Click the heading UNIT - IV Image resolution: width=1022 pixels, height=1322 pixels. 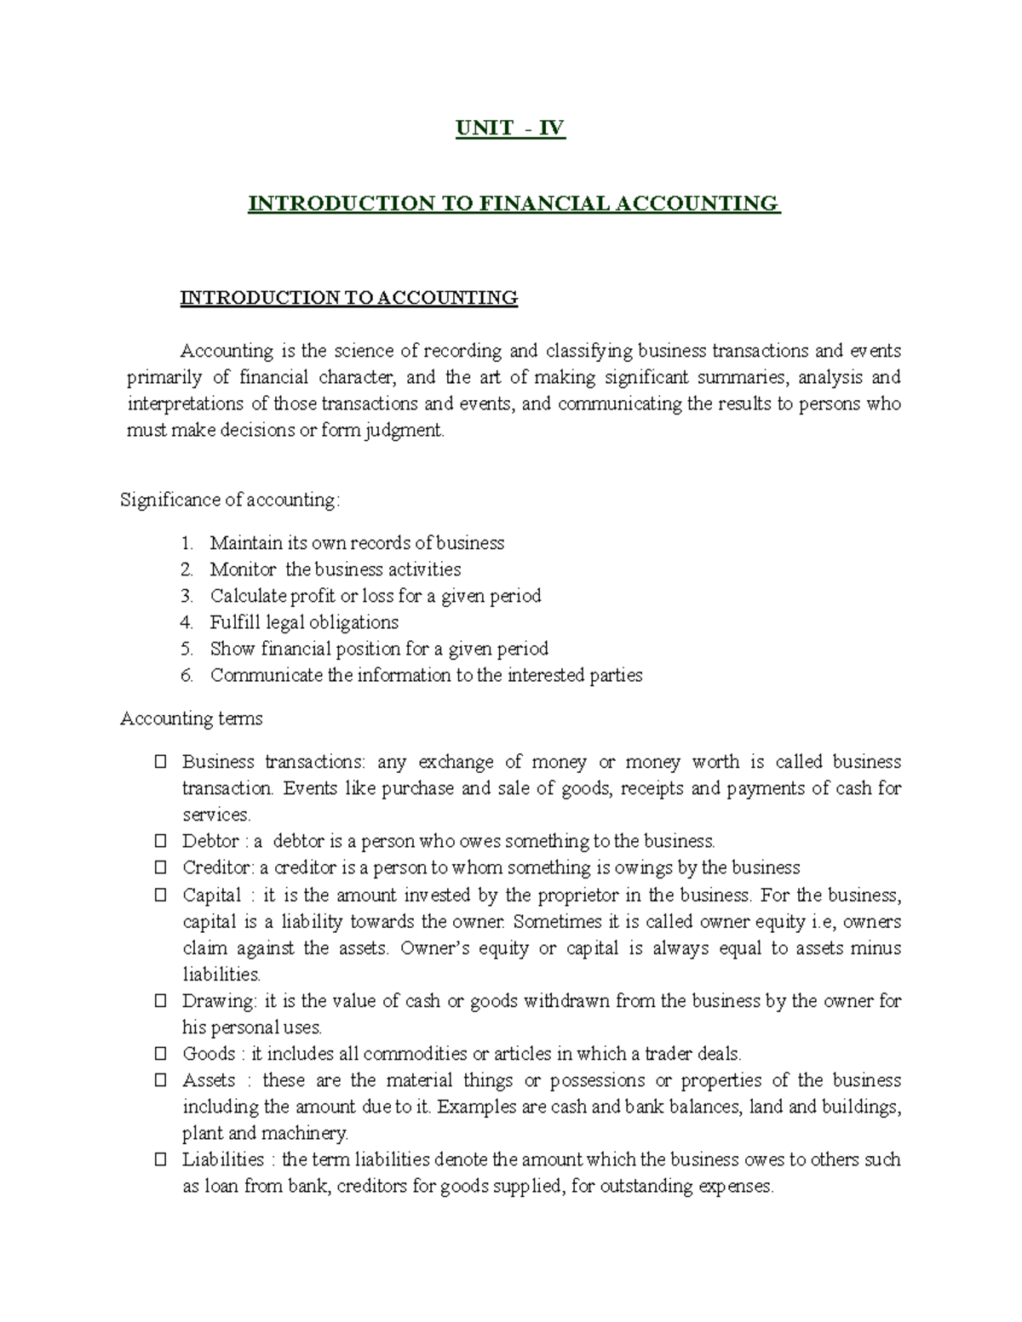pos(510,129)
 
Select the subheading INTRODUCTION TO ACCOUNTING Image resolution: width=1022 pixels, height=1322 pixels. pos(348,298)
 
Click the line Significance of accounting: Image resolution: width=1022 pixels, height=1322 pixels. pos(230,500)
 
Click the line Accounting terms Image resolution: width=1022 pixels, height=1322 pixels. pos(192,718)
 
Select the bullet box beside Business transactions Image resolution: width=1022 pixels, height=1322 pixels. pos(160,763)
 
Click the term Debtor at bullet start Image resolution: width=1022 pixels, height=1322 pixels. pos(210,841)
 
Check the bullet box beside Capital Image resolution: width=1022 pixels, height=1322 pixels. pos(160,896)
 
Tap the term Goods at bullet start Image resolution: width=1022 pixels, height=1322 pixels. pos(209,1054)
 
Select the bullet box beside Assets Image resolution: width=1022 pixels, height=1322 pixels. pos(160,1081)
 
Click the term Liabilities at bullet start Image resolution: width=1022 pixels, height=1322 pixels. pos(223,1159)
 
